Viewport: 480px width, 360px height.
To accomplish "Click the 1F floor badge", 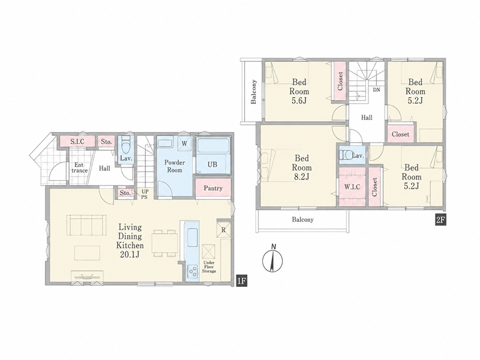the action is [x=241, y=281].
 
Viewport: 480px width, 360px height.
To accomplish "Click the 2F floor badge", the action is [x=441, y=220].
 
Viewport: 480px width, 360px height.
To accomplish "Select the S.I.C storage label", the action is [x=77, y=142].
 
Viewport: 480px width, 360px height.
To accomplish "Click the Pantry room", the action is [x=213, y=188].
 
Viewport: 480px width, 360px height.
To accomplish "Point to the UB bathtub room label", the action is [x=212, y=164].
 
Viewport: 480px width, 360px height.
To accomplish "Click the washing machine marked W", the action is [x=184, y=143].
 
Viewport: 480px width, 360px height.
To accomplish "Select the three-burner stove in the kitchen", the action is [x=193, y=271].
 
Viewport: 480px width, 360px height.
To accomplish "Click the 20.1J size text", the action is [x=130, y=254].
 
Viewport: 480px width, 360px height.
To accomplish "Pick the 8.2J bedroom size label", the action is [x=302, y=176].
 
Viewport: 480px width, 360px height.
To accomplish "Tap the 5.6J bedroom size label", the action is [x=299, y=100].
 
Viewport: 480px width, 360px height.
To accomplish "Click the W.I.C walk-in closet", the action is [x=352, y=187].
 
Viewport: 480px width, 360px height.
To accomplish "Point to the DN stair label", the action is [x=377, y=90].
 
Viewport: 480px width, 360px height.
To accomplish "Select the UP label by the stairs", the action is [x=144, y=191].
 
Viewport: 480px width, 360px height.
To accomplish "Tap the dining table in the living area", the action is [x=165, y=242].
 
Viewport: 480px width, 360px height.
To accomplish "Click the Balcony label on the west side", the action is [x=253, y=92].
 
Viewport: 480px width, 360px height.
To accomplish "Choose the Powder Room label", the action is [x=175, y=166].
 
